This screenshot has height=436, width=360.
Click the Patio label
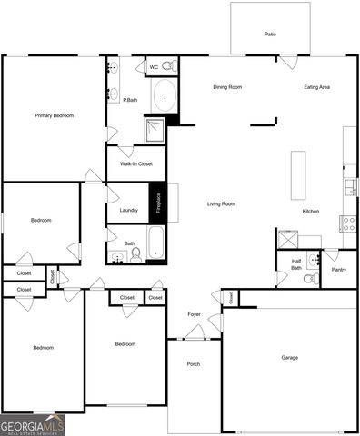270,34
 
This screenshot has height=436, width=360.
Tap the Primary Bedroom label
54,115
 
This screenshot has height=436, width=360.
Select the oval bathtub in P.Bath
164,95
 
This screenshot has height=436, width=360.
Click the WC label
154,66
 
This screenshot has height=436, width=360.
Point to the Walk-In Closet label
135,163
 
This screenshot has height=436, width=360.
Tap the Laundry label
128,210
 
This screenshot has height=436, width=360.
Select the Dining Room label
227,87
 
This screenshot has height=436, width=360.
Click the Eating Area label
316,87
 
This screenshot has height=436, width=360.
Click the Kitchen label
311,211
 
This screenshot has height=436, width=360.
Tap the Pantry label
339,269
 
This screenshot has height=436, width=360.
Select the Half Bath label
296,264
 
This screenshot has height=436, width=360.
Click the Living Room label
221,203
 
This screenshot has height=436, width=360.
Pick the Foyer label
195,315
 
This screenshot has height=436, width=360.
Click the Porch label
194,364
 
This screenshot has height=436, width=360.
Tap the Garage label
289,357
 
